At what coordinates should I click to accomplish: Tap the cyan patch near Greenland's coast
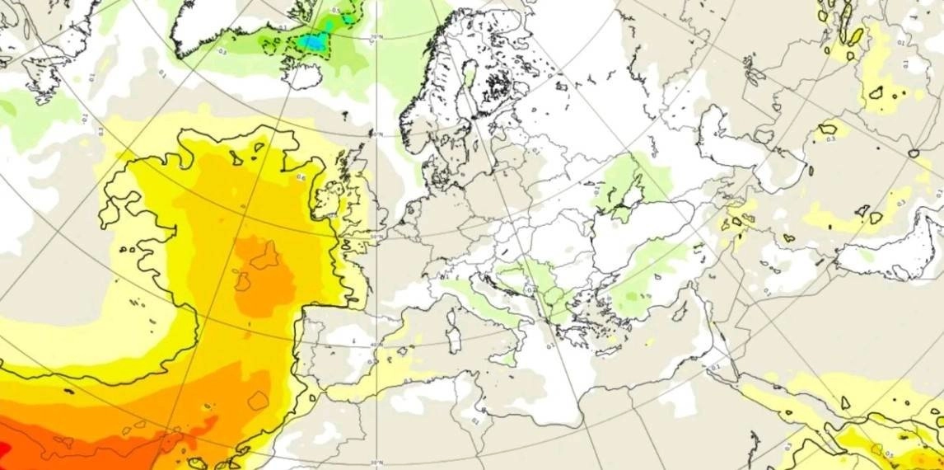coord(314,41)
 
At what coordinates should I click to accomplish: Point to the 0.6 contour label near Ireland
coord(301,177)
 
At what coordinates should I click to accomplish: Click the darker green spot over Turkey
coord(632,295)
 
